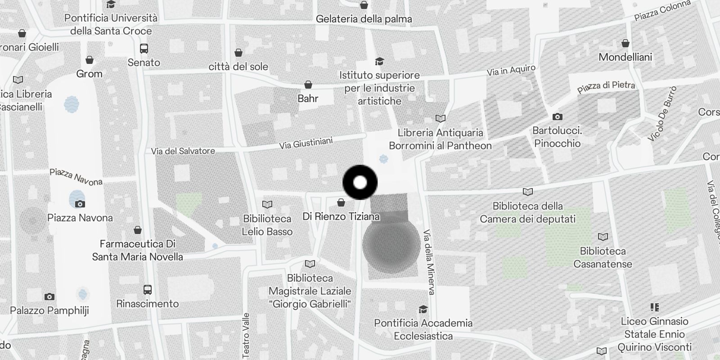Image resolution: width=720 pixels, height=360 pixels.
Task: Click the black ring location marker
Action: click(360, 182)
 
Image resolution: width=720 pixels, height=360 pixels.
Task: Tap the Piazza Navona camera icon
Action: click(80, 204)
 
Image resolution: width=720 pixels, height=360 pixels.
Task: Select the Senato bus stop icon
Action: click(144, 49)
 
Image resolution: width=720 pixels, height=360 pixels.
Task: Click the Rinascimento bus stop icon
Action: click(148, 290)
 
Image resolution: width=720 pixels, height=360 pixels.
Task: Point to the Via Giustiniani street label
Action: click(306, 143)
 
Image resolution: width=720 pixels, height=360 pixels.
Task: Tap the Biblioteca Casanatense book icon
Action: click(603, 237)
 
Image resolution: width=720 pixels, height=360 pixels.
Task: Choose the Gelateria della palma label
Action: click(364, 19)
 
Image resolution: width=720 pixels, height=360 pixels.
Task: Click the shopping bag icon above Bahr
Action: click(308, 85)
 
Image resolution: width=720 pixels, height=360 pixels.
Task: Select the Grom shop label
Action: click(89, 74)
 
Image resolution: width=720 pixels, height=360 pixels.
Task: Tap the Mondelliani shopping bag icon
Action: click(625, 44)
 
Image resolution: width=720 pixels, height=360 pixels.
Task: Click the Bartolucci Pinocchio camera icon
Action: click(557, 117)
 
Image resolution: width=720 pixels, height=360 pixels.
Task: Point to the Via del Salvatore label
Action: click(183, 151)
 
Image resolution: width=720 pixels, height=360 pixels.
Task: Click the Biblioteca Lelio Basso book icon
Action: click(267, 205)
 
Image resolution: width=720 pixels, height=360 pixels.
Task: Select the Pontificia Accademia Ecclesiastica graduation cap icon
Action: click(423, 309)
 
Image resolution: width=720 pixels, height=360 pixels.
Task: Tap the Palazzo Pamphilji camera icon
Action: click(49, 297)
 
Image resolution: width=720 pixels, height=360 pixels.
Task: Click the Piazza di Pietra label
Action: click(606, 86)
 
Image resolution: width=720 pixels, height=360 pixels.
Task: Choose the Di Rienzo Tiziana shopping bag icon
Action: click(341, 203)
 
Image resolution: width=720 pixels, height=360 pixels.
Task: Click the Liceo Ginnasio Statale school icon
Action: click(654, 307)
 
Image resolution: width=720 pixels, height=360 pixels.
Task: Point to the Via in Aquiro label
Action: click(511, 71)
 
